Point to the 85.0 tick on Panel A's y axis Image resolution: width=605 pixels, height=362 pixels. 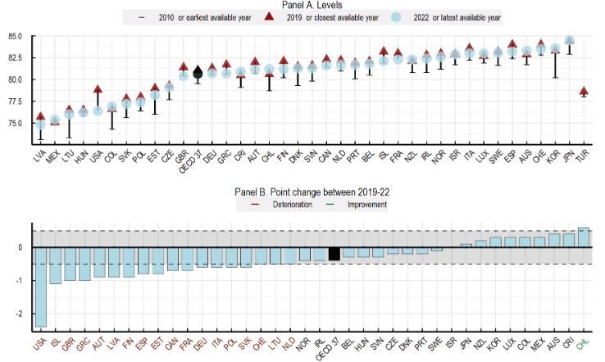[x=15, y=37]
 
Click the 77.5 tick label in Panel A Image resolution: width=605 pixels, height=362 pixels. [x=15, y=102]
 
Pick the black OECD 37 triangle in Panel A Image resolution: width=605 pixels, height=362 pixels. [x=197, y=73]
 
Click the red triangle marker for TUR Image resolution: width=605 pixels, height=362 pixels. [x=583, y=91]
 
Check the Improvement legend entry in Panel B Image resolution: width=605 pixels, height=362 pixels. [x=366, y=205]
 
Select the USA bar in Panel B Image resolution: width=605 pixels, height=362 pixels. [x=39, y=287]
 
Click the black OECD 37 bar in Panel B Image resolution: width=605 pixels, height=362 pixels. [x=334, y=254]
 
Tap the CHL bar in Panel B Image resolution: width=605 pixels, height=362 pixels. [x=583, y=238]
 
